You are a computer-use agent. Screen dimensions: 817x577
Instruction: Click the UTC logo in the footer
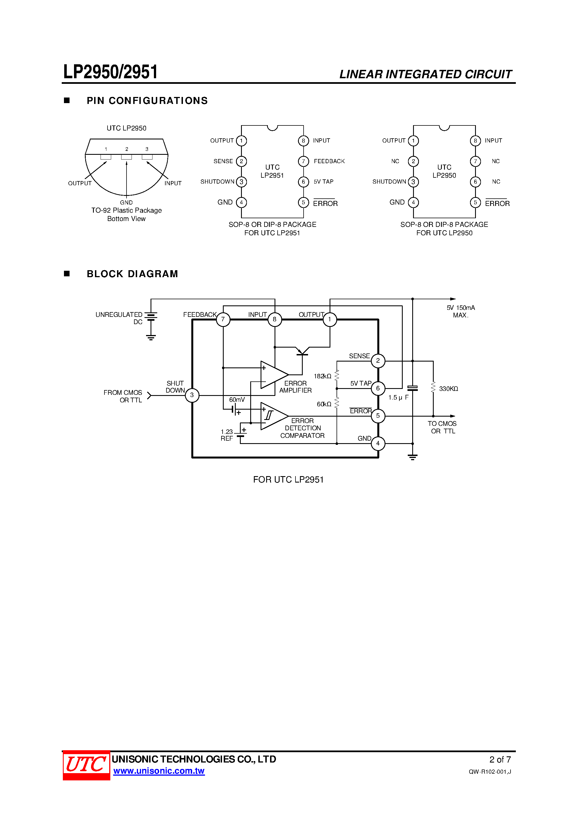[x=86, y=765]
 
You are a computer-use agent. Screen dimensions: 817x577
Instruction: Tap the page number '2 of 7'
[x=500, y=760]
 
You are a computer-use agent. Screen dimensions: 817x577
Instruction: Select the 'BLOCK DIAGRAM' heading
[x=132, y=274]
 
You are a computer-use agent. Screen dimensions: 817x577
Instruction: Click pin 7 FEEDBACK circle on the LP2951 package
[x=303, y=161]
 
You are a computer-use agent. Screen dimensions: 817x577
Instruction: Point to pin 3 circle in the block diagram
[x=192, y=395]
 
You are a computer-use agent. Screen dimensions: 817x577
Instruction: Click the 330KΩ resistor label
[x=448, y=389]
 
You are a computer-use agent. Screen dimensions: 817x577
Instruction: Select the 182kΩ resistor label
[x=322, y=376]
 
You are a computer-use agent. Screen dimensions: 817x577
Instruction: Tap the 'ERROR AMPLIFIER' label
[x=295, y=387]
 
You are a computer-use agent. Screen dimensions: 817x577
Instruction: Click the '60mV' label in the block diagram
[x=237, y=400]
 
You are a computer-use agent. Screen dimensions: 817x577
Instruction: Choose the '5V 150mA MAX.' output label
[x=461, y=311]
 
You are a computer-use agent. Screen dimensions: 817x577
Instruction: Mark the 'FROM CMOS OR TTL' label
[x=123, y=396]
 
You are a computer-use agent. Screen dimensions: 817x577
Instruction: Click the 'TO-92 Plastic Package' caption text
[x=126, y=210]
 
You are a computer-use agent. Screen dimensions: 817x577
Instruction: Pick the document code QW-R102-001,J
[x=490, y=772]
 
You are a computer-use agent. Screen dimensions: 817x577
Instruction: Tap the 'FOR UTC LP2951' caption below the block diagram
[x=288, y=480]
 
